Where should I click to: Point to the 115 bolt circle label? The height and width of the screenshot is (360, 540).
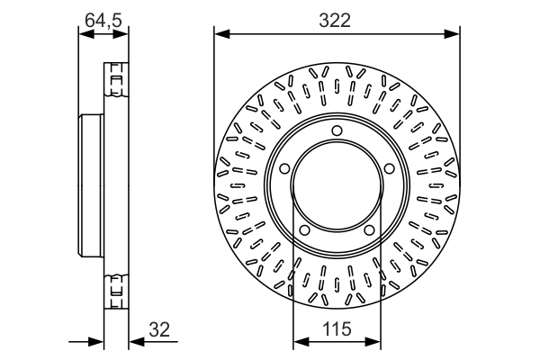pos(337,330)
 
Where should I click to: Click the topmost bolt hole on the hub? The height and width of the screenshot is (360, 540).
pos(337,131)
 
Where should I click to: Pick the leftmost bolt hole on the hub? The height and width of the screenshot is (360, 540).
pos(282,168)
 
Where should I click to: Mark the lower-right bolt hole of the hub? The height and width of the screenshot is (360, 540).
pos(369,232)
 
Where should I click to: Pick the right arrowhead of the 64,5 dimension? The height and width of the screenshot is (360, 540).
pos(123,34)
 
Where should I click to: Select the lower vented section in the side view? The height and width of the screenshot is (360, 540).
pos(115,287)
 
